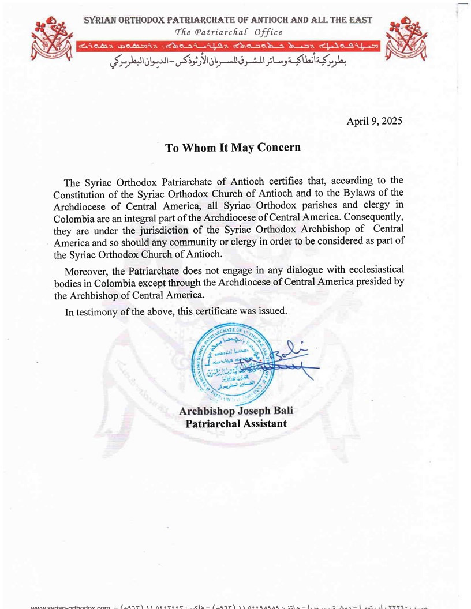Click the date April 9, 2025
click(x=374, y=121)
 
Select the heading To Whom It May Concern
click(x=233, y=147)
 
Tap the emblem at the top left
click(x=54, y=40)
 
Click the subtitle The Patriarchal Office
click(x=229, y=32)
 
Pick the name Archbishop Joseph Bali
click(x=232, y=412)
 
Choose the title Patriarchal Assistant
click(x=235, y=424)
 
